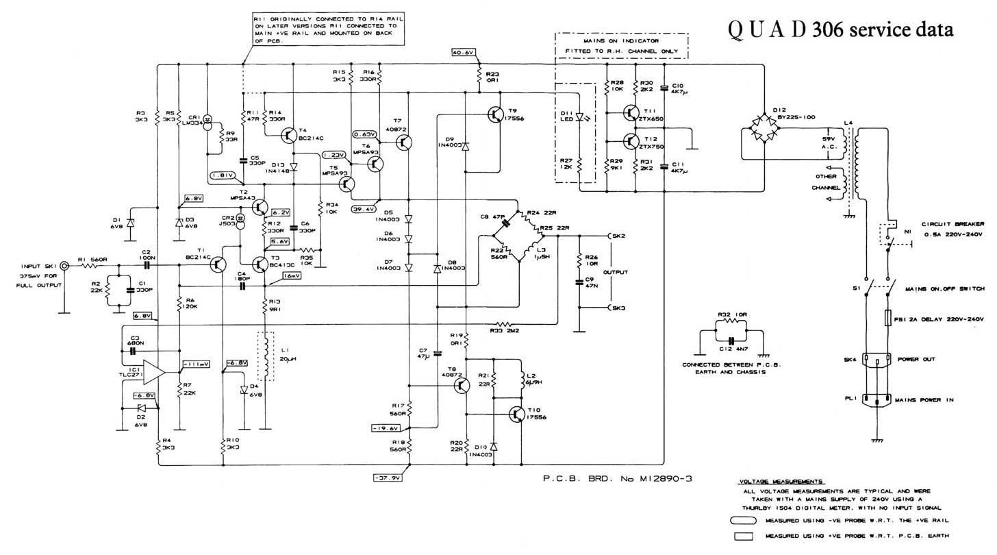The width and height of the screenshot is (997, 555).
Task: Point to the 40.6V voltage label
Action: [x=464, y=53]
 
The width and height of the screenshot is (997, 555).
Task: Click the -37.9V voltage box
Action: [x=387, y=478]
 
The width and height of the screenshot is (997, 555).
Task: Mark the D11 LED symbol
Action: [x=581, y=117]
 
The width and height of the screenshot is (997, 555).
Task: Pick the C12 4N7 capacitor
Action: [x=731, y=339]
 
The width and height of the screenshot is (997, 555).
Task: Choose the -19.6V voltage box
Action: [x=386, y=428]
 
